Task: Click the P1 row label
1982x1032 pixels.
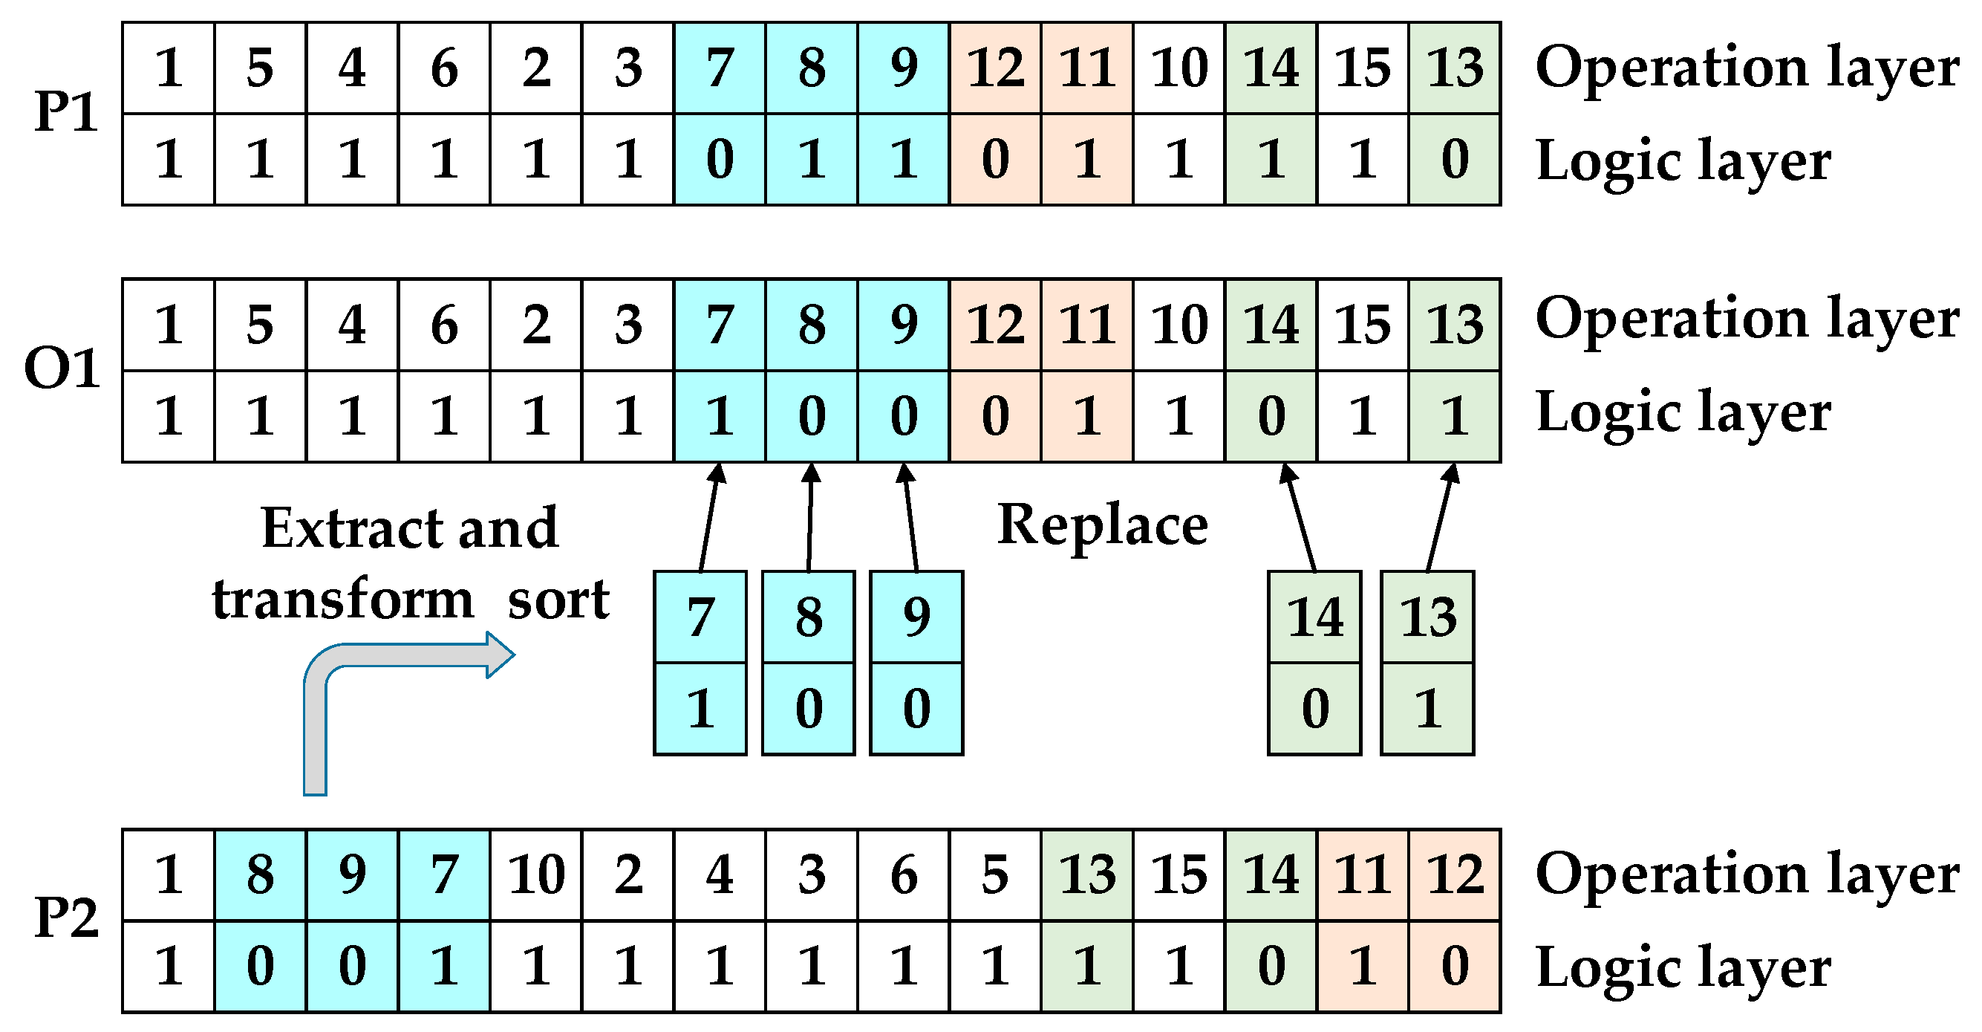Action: pyautogui.click(x=66, y=113)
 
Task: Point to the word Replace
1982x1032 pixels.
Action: pyautogui.click(x=1102, y=525)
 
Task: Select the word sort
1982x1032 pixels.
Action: pyautogui.click(x=558, y=600)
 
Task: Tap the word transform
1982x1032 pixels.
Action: pyautogui.click(x=343, y=600)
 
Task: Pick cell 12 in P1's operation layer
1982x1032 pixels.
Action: pyautogui.click(x=996, y=68)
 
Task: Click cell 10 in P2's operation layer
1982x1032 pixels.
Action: pyautogui.click(x=536, y=875)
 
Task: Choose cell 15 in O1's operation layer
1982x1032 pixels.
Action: pyautogui.click(x=1363, y=325)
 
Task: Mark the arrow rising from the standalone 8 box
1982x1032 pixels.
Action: pyautogui.click(x=810, y=516)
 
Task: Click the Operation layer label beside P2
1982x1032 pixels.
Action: pyautogui.click(x=1747, y=875)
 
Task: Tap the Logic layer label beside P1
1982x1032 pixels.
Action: pyautogui.click(x=1683, y=160)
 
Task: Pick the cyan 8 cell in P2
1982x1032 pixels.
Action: pyautogui.click(x=260, y=875)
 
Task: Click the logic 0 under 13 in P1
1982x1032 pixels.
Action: pyautogui.click(x=1454, y=160)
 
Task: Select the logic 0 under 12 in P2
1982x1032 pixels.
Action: pyautogui.click(x=1454, y=967)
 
